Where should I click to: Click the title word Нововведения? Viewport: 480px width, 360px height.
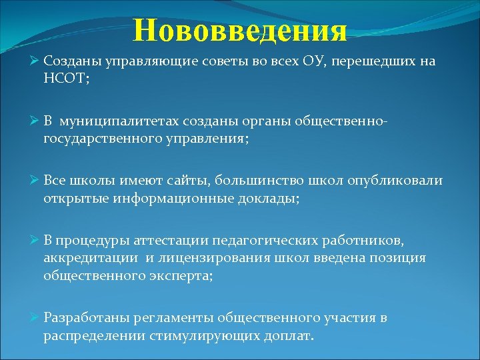point(240,30)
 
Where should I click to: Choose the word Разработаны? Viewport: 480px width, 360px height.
point(86,318)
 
